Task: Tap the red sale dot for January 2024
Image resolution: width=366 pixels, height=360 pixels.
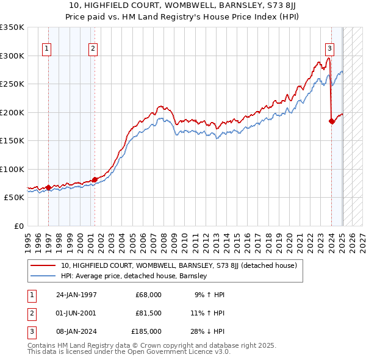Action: pyautogui.click(x=332, y=121)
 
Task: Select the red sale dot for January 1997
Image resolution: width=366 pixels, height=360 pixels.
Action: pyautogui.click(x=48, y=187)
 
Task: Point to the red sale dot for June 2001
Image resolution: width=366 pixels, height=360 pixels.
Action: pyautogui.click(x=95, y=179)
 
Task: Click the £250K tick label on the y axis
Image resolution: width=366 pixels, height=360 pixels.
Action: pyautogui.click(x=12, y=84)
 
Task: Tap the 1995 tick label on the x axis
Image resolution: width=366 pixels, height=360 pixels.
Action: pyautogui.click(x=28, y=240)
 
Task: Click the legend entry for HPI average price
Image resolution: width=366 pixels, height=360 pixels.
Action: pyautogui.click(x=134, y=276)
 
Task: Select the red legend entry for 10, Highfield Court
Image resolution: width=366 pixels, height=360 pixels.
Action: pyautogui.click(x=178, y=265)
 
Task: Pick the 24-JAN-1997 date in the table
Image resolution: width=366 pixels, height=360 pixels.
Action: pyautogui.click(x=76, y=295)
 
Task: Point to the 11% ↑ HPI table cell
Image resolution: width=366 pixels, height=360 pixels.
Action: pyautogui.click(x=208, y=313)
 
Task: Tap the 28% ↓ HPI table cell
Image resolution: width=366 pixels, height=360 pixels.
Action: pyautogui.click(x=208, y=331)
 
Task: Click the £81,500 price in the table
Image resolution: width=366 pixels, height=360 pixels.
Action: pyautogui.click(x=148, y=313)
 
